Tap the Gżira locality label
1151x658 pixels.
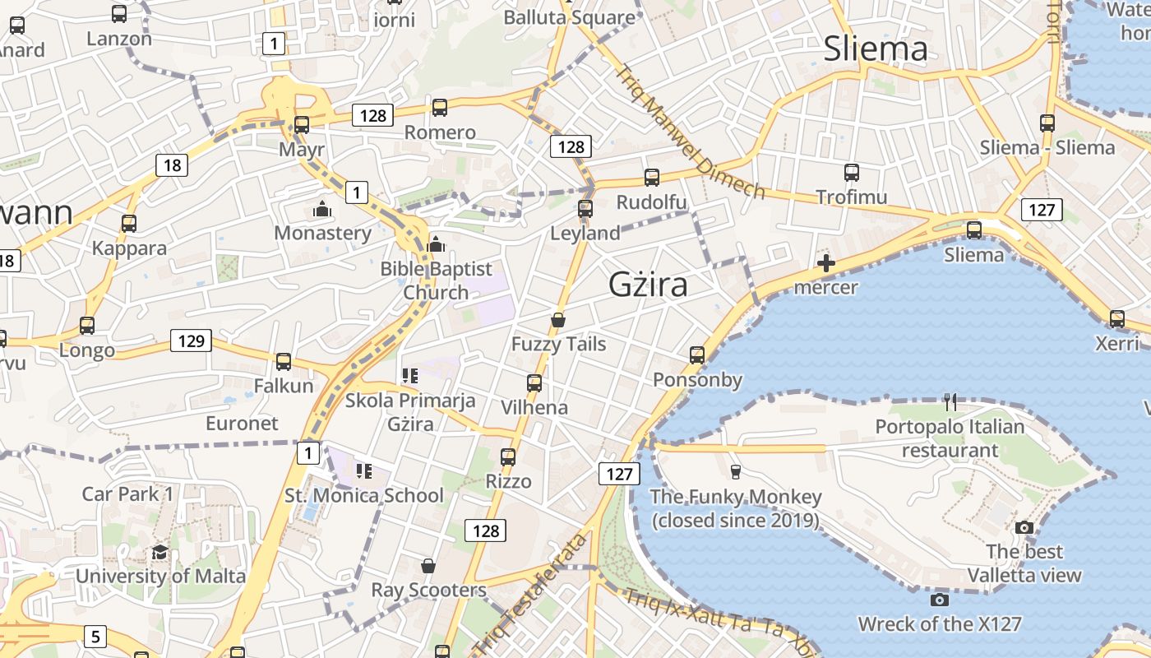(x=648, y=285)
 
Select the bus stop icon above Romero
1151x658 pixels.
(x=440, y=107)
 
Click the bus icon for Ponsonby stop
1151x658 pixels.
(x=697, y=354)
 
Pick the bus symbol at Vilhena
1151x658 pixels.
(x=534, y=382)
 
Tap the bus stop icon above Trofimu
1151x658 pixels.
(x=852, y=173)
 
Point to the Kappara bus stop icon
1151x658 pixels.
(x=129, y=223)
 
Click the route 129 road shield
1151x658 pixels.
(x=191, y=341)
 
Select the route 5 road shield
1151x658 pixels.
(x=96, y=636)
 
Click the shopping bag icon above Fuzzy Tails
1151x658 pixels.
(x=558, y=319)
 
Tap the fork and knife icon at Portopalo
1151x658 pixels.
(x=950, y=401)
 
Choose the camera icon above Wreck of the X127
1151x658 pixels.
(x=940, y=600)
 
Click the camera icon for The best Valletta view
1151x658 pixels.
(x=1024, y=527)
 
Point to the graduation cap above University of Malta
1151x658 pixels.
(x=160, y=551)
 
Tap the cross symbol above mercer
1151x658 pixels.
(x=826, y=263)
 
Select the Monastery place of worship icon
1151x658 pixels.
(x=322, y=209)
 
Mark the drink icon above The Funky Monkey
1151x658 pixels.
(x=736, y=471)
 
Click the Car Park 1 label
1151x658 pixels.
(x=127, y=494)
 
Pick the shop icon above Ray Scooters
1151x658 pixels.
(x=428, y=566)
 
